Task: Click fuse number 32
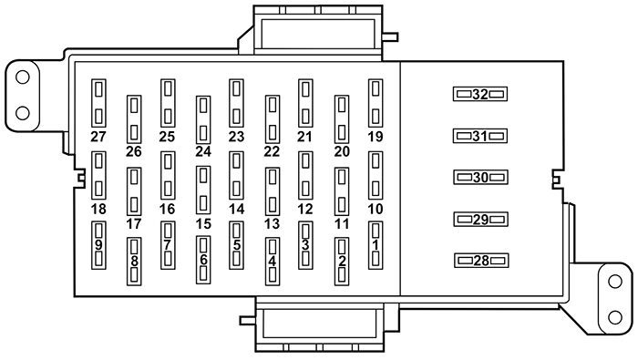[479, 94]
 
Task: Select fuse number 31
[479, 136]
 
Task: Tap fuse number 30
[479, 178]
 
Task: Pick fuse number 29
[479, 220]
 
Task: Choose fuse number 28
[479, 261]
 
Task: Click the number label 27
[98, 137]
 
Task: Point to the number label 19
[375, 137]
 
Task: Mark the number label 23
[236, 137]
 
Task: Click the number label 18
[98, 209]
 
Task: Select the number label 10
[375, 209]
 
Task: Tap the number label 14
[236, 209]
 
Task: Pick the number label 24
[202, 151]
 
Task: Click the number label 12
[305, 209]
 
